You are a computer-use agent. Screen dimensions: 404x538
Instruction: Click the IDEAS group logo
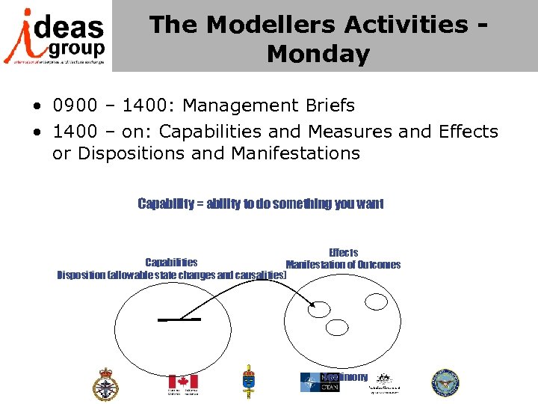56,35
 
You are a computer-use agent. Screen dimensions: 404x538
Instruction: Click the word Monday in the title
318,54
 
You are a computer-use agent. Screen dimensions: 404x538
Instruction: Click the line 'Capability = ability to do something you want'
261,203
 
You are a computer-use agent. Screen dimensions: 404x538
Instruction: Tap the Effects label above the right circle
343,253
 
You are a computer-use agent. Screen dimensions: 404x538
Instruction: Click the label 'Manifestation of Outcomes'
343,264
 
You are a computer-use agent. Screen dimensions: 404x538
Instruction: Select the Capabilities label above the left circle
171,263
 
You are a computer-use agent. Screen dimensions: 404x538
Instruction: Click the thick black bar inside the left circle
179,319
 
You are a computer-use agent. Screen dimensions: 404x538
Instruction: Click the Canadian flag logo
182,382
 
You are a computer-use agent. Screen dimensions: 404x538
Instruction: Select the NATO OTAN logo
320,382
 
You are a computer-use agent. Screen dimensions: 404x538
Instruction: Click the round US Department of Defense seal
445,382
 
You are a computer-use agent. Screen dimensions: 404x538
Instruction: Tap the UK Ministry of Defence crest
105,384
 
